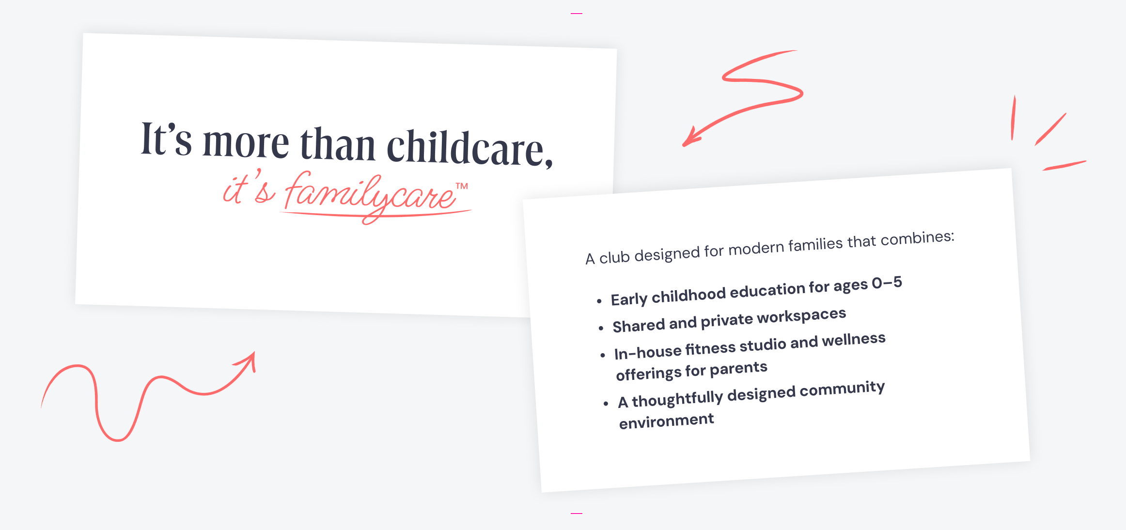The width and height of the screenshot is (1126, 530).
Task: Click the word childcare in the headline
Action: (469, 148)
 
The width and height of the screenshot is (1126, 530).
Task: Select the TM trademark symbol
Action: (462, 186)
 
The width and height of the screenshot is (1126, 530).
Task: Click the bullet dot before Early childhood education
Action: (599, 301)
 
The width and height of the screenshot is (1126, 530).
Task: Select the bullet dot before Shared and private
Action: (601, 328)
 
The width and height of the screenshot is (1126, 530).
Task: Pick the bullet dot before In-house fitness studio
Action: (603, 356)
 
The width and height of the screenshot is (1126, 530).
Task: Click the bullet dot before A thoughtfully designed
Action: (606, 403)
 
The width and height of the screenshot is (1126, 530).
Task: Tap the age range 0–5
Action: (887, 282)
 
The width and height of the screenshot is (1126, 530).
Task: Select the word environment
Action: (667, 421)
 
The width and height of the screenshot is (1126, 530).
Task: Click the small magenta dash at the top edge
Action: (577, 14)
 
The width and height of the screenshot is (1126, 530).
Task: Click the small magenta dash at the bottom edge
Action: (577, 513)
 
